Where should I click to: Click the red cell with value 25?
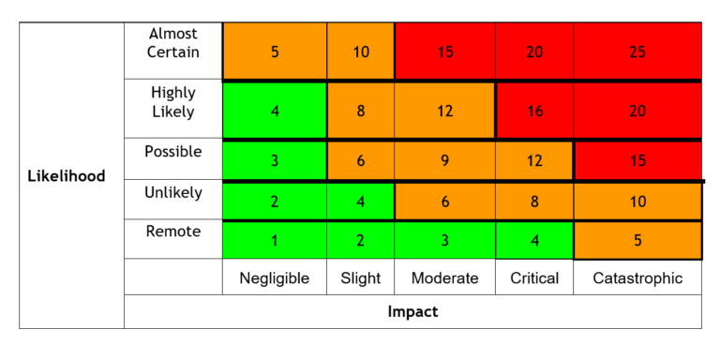[x=637, y=52]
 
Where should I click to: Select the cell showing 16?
[x=534, y=111]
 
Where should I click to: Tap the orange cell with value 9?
[x=444, y=160]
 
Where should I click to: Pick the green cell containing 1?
[x=274, y=240]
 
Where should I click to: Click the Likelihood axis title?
[x=67, y=175]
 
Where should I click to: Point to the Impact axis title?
[x=412, y=312]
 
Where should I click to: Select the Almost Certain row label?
[x=172, y=43]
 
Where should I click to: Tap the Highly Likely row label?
[x=172, y=102]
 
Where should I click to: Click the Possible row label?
[x=172, y=152]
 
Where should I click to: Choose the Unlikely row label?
[x=172, y=192]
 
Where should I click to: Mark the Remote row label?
[x=172, y=231]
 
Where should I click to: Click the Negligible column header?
[x=274, y=277]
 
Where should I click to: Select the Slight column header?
[x=361, y=277]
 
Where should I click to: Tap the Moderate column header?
[x=444, y=277]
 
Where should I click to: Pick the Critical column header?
[x=534, y=277]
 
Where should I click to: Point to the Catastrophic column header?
[x=637, y=277]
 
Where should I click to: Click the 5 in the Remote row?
[x=637, y=240]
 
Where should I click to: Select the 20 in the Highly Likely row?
[x=637, y=111]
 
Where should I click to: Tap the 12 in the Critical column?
[x=534, y=160]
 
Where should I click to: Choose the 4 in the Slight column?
[x=361, y=201]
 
